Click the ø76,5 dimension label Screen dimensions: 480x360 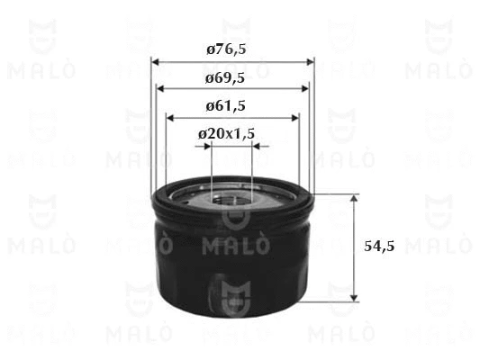coord(226,49)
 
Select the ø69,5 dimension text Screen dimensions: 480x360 coord(225,78)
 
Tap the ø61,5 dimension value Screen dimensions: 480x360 coord(226,106)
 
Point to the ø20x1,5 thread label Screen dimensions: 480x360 coord(227,134)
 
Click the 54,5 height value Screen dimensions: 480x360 coord(379,246)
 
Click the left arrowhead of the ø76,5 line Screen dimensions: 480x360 coord(155,62)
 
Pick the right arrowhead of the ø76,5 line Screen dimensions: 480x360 coord(310,62)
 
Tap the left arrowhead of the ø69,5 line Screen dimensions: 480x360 coord(160,89)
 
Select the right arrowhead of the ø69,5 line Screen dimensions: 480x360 coord(305,89)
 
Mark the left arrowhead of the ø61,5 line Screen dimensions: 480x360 coord(170,118)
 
